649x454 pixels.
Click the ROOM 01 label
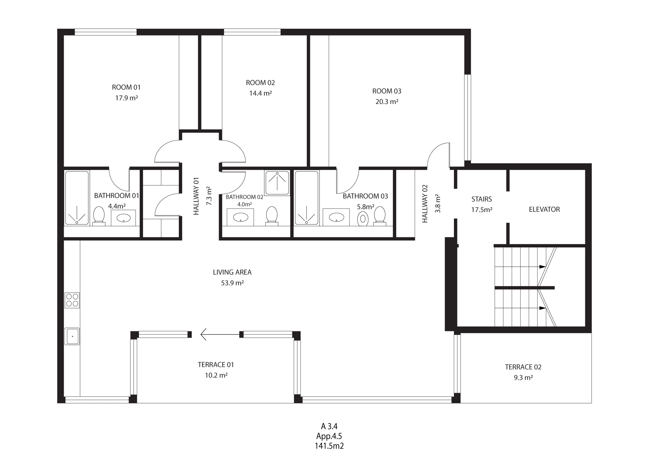126,87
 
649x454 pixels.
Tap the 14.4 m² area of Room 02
260,93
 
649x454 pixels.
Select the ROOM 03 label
387,91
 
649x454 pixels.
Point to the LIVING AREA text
232,272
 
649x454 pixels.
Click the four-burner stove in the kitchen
72,300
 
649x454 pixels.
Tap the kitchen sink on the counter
72,336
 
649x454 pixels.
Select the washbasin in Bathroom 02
240,217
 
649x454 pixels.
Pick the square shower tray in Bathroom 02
277,183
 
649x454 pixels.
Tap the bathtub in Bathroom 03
306,198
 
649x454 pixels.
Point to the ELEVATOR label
544,209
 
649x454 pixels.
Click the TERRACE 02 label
523,367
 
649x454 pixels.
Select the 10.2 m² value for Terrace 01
216,375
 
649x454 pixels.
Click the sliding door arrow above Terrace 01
220,335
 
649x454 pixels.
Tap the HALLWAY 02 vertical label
425,204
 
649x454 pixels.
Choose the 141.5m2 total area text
329,446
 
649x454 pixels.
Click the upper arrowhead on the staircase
543,267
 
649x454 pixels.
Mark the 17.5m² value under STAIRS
482,210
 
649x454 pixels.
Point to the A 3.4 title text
329,426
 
